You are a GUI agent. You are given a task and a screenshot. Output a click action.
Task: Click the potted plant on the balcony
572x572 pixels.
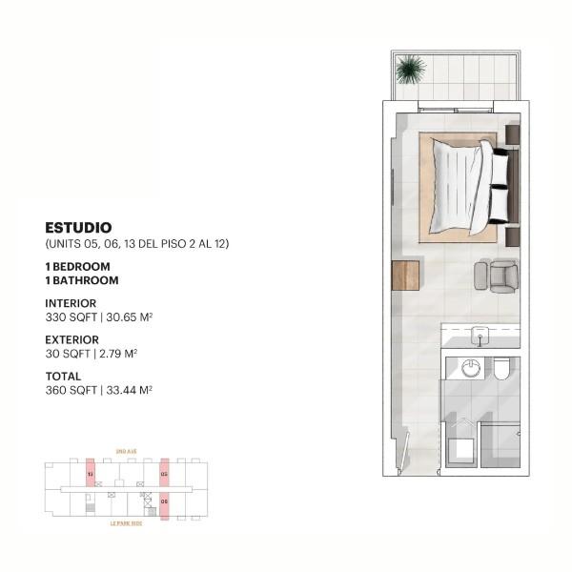[410, 69]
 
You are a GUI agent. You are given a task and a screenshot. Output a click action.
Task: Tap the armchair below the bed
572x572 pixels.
[501, 276]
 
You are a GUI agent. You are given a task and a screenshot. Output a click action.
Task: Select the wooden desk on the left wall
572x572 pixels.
[405, 275]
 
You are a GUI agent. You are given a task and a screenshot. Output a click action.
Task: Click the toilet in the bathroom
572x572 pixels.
[501, 369]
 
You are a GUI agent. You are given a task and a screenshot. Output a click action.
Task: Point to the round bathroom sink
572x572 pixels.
[470, 368]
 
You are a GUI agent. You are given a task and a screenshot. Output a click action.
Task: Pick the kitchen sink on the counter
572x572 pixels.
[480, 334]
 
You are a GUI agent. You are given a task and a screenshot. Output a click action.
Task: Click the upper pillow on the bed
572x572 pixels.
[499, 167]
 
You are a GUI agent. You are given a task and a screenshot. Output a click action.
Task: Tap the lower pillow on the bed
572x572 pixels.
[499, 203]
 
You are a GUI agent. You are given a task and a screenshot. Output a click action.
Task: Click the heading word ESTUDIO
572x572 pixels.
[79, 228]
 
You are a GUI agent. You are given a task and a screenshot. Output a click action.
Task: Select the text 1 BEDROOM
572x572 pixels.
[78, 266]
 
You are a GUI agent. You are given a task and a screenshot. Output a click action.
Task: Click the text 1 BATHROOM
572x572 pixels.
[82, 280]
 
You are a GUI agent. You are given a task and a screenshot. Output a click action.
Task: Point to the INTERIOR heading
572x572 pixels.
[71, 303]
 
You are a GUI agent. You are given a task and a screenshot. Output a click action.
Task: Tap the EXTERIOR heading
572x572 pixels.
[72, 339]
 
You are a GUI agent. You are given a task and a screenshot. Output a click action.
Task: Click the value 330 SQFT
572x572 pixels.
[68, 317]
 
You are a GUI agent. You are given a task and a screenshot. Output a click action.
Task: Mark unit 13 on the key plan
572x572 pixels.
[91, 473]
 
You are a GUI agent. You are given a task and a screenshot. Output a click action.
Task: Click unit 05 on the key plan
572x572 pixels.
[164, 473]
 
